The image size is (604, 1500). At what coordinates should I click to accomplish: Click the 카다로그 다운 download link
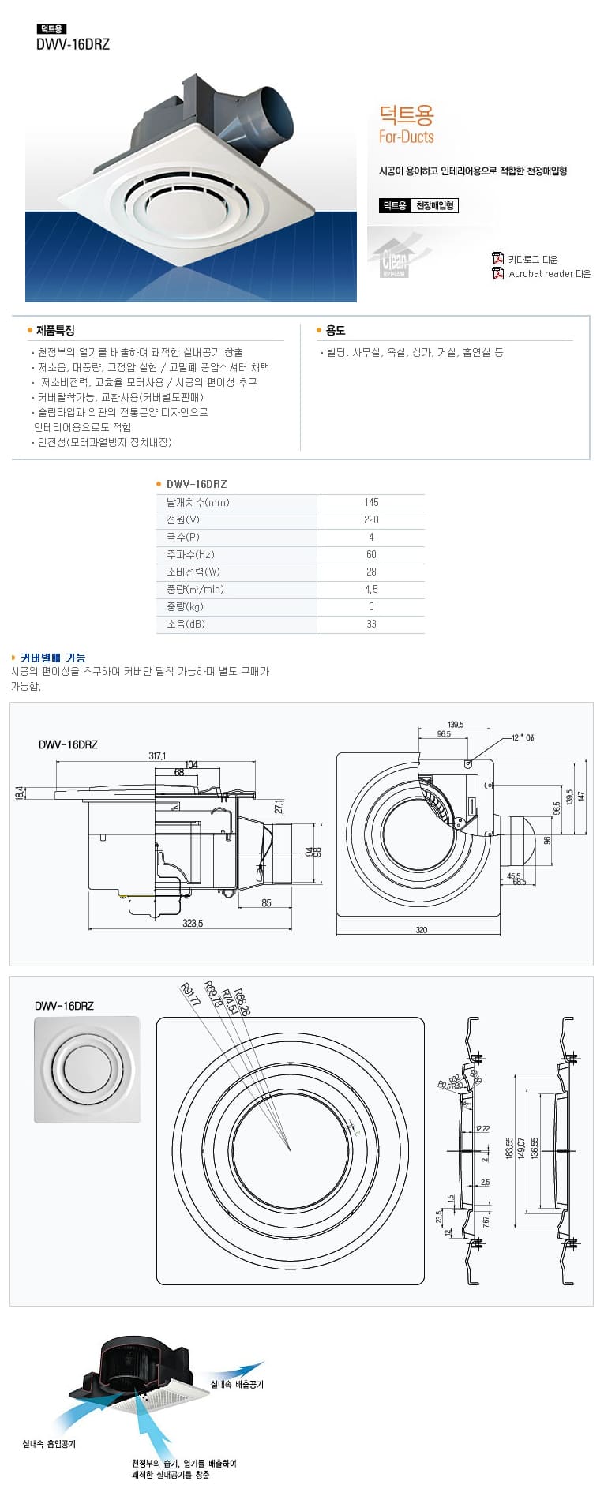(x=532, y=259)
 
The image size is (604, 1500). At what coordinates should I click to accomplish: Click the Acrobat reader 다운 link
(x=549, y=274)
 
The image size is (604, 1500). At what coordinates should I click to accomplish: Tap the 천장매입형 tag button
(x=435, y=206)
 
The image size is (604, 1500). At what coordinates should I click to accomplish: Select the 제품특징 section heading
(x=55, y=330)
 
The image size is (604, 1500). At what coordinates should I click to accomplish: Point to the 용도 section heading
(x=335, y=330)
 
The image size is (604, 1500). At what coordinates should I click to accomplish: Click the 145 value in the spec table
(x=371, y=502)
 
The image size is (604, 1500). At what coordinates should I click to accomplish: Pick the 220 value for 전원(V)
(x=371, y=519)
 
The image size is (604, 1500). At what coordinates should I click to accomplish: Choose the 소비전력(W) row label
(x=193, y=572)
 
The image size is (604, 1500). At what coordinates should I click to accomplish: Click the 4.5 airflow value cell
(x=371, y=589)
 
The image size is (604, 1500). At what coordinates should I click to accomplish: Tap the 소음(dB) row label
(x=185, y=624)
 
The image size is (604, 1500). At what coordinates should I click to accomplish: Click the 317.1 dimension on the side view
(x=157, y=756)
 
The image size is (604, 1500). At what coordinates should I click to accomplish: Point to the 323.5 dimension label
(x=193, y=923)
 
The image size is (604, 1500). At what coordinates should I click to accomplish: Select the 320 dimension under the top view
(x=421, y=930)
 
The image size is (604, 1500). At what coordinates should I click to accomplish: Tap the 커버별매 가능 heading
(x=53, y=658)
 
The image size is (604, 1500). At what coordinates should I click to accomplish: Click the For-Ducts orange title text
(x=407, y=137)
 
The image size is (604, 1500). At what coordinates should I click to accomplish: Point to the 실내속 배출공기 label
(x=237, y=1384)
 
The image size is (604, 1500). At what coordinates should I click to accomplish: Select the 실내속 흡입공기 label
(x=49, y=1443)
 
